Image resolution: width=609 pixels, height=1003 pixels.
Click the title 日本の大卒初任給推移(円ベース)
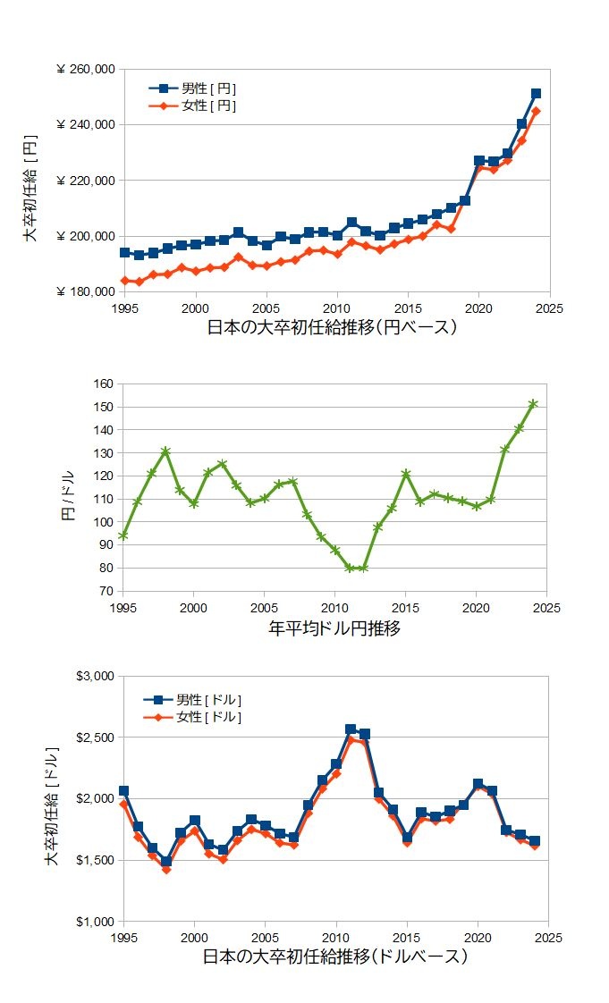333,328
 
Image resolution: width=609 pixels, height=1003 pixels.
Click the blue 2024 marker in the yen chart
536,93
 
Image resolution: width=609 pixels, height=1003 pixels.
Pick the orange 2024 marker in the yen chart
536,112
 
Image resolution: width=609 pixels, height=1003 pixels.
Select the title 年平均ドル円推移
334,628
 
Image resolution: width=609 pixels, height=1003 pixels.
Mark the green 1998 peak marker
165,451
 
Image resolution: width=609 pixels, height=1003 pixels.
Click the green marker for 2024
533,404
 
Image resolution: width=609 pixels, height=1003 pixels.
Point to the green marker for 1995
123,535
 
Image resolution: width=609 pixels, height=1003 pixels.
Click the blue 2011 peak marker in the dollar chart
351,729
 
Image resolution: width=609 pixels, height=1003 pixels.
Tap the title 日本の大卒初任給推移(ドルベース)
335,957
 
